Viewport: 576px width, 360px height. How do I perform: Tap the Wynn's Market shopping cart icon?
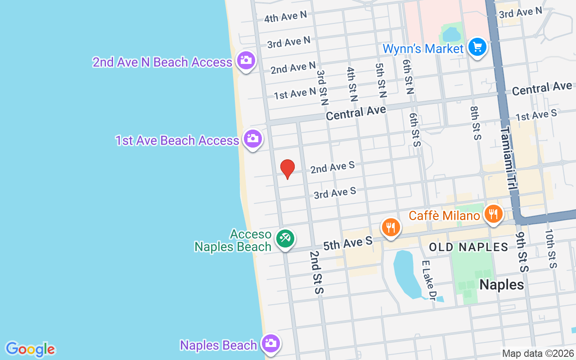477,47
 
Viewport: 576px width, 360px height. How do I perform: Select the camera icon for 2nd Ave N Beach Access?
246,60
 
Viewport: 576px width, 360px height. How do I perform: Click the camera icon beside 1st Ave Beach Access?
252,138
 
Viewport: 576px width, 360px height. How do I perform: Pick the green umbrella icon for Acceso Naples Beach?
285,238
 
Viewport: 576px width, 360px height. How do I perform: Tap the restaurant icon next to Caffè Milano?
494,214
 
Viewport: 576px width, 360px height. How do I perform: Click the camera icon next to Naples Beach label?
270,344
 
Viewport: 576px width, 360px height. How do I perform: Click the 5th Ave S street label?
348,243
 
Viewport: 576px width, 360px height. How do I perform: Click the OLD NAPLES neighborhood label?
468,247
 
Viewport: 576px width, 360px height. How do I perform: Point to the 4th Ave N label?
285,17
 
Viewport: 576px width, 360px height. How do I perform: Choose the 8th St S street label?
476,123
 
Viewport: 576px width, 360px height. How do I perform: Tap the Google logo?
30,349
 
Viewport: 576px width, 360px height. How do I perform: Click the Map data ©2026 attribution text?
538,353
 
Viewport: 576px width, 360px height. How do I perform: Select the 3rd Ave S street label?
335,193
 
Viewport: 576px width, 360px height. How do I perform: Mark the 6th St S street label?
414,130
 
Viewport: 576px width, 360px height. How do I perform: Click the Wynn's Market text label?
423,49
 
